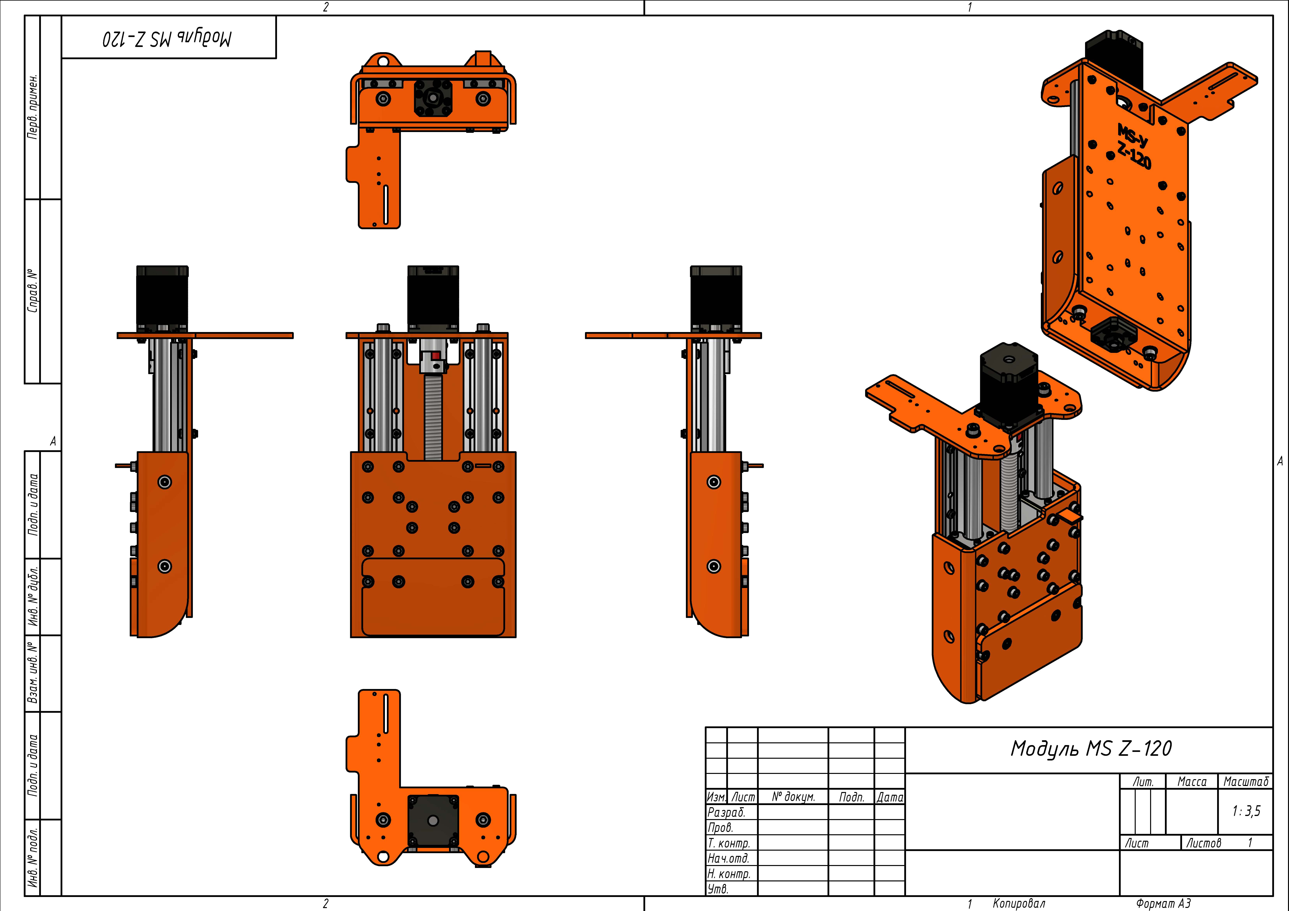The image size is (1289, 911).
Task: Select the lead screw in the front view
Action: pyautogui.click(x=433, y=415)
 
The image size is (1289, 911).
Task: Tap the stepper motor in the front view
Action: pyautogui.click(x=433, y=298)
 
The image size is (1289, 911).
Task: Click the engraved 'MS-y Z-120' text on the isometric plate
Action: pyautogui.click(x=1133, y=146)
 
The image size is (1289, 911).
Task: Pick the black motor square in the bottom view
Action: pyautogui.click(x=433, y=821)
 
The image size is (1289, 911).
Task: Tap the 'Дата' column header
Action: pyautogui.click(x=890, y=797)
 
